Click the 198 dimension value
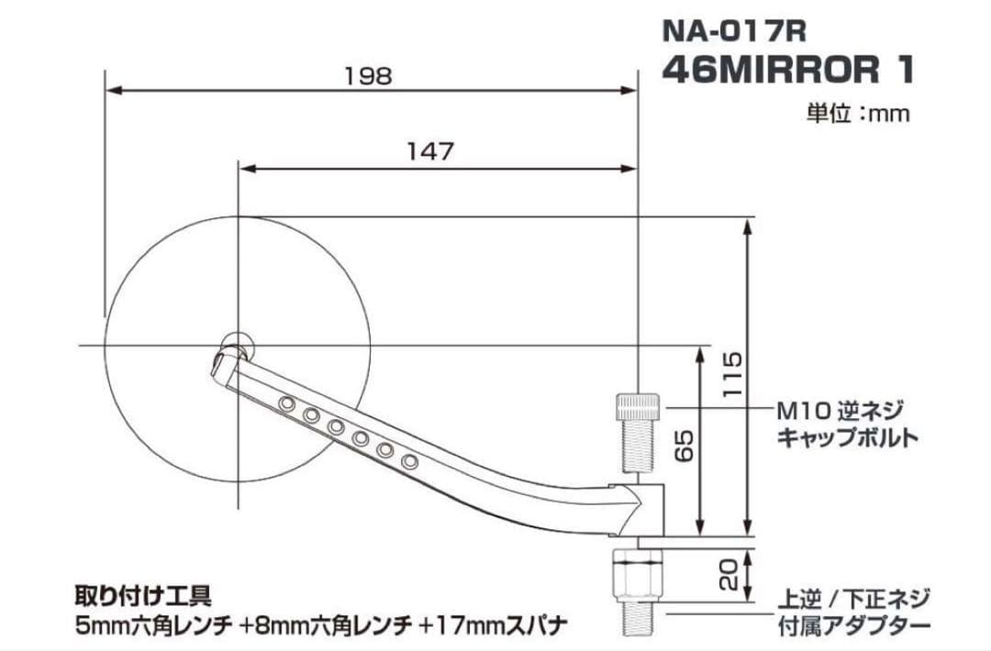pyautogui.click(x=368, y=76)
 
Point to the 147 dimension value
pyautogui.click(x=430, y=152)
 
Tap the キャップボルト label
pyautogui.click(x=847, y=437)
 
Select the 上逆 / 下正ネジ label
pyautogui.click(x=853, y=599)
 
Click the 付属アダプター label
pyautogui.click(x=853, y=626)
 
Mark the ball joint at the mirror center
pyautogui.click(x=237, y=347)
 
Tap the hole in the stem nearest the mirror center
pyautogui.click(x=288, y=403)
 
